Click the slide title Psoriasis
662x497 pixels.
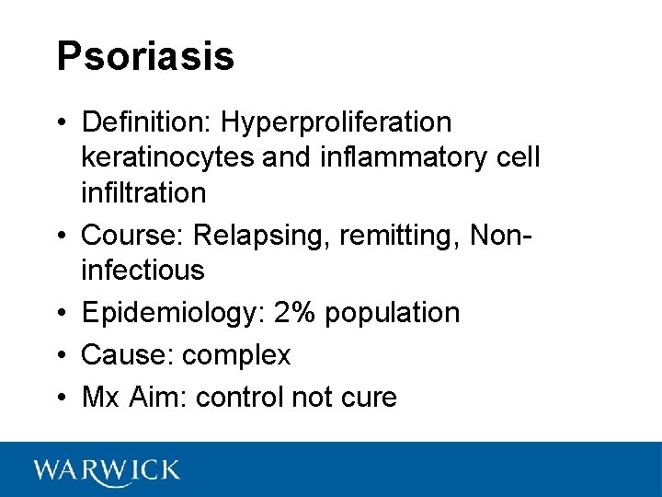click(145, 57)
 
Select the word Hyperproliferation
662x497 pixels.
click(337, 121)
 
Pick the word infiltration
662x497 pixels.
click(143, 192)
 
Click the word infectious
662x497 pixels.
click(143, 271)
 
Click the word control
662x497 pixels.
click(240, 398)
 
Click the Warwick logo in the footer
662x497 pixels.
click(107, 470)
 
